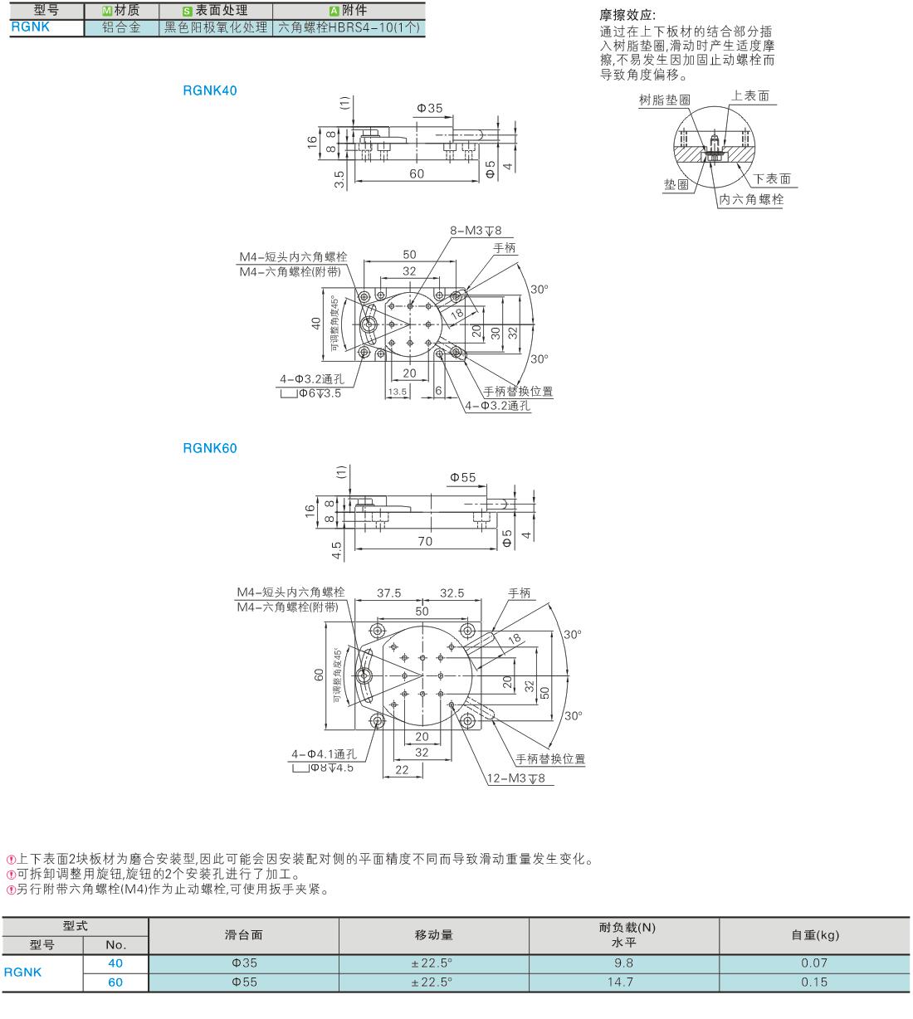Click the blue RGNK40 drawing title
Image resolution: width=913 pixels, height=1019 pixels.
210,90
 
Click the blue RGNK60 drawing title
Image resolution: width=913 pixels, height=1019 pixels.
210,448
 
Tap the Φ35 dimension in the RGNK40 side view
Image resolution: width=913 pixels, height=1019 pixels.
430,108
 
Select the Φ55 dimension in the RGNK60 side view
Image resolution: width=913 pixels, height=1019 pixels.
463,477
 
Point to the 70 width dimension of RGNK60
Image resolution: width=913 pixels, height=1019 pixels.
425,541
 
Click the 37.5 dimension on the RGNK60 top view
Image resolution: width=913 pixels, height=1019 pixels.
389,593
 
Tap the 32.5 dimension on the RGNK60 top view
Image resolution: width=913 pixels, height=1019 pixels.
452,593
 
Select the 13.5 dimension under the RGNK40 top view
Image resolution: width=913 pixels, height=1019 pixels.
398,392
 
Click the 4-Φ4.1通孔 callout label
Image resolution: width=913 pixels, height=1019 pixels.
324,754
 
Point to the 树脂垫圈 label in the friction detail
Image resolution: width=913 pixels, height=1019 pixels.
665,100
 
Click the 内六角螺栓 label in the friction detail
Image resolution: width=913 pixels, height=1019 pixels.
751,199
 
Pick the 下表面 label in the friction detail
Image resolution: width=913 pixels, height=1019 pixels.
772,178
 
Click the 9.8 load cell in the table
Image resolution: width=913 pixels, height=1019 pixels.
624,963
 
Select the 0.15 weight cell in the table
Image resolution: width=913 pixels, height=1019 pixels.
814,982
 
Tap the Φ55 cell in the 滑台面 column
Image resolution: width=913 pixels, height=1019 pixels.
245,982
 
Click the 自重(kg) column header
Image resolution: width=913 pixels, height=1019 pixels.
815,935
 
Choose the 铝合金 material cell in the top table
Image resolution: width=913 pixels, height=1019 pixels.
121,27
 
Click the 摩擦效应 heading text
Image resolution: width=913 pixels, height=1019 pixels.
627,15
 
